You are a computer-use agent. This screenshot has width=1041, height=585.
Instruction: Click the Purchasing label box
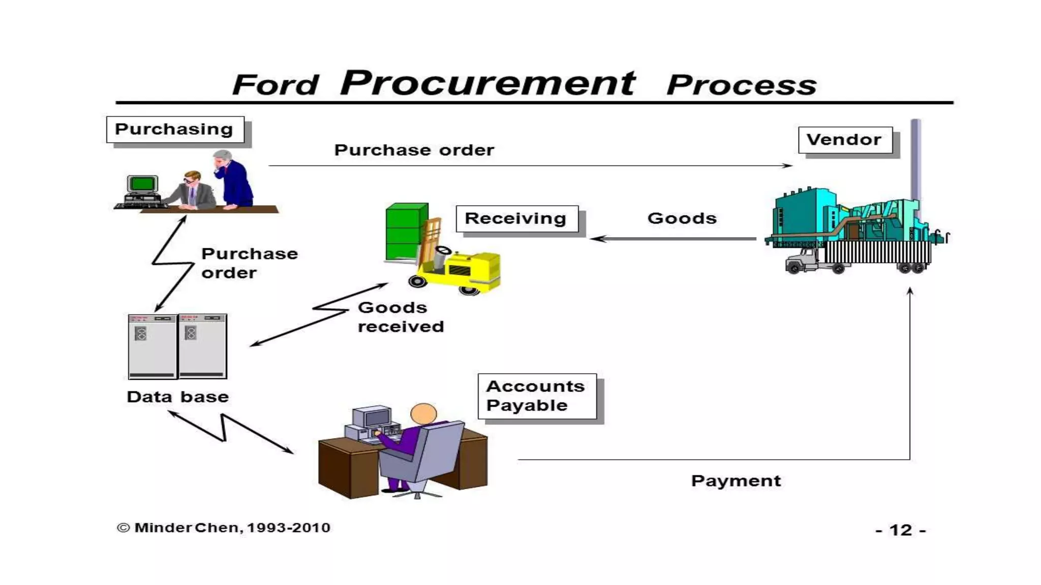pos(175,129)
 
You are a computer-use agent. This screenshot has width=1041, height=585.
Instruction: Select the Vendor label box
pos(845,140)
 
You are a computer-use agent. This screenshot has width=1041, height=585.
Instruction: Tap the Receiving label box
pos(516,218)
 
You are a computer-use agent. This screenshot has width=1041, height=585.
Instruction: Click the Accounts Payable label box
pos(537,396)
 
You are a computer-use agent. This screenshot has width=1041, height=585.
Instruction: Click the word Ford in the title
pos(275,85)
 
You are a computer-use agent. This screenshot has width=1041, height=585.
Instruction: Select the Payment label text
pos(736,480)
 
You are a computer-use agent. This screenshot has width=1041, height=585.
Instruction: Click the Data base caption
pos(177,397)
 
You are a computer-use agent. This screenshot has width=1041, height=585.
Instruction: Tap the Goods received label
pos(401,317)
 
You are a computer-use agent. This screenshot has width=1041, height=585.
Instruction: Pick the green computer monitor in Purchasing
pos(142,183)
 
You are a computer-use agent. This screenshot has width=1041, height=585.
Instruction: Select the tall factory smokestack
pos(915,160)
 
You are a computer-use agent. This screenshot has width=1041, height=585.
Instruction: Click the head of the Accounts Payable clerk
pos(423,413)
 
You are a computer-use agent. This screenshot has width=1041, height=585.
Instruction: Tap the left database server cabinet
pos(152,346)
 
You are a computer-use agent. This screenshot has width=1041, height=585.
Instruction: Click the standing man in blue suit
pos(233,180)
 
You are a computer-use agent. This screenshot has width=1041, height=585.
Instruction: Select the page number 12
pos(900,530)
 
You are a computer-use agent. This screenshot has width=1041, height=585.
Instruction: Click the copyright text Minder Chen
pos(224,528)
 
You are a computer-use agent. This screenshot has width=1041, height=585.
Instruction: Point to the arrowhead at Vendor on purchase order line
pos(788,166)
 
